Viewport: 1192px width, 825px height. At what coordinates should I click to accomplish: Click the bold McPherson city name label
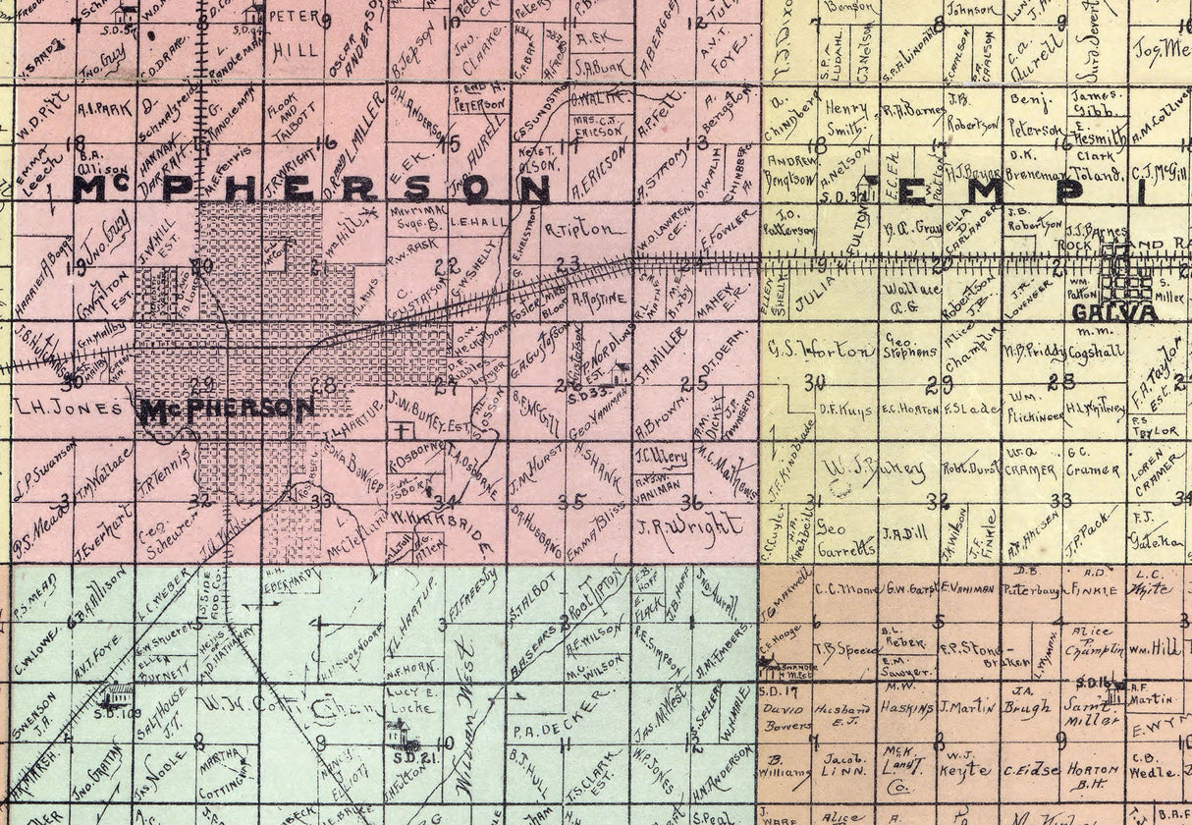coord(228,411)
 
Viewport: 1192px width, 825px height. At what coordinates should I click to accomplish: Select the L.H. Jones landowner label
coord(69,406)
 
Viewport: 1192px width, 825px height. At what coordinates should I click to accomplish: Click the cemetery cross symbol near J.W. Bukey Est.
coord(400,431)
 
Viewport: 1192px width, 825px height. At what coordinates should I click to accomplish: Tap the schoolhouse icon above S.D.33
coord(621,373)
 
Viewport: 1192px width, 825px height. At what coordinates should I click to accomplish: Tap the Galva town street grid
coord(1126,275)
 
